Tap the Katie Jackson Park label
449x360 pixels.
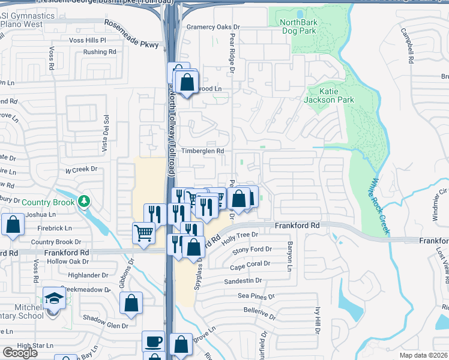tap(329, 95)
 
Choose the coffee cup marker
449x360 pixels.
tap(152, 342)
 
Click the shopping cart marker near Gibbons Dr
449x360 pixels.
tap(143, 232)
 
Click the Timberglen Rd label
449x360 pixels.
tap(203, 151)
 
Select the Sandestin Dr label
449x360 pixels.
tap(243, 280)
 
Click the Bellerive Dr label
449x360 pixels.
tap(259, 311)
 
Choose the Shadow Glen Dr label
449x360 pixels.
tap(106, 326)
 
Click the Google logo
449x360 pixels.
tap(20, 353)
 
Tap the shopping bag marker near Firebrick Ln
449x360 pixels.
tap(13, 224)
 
